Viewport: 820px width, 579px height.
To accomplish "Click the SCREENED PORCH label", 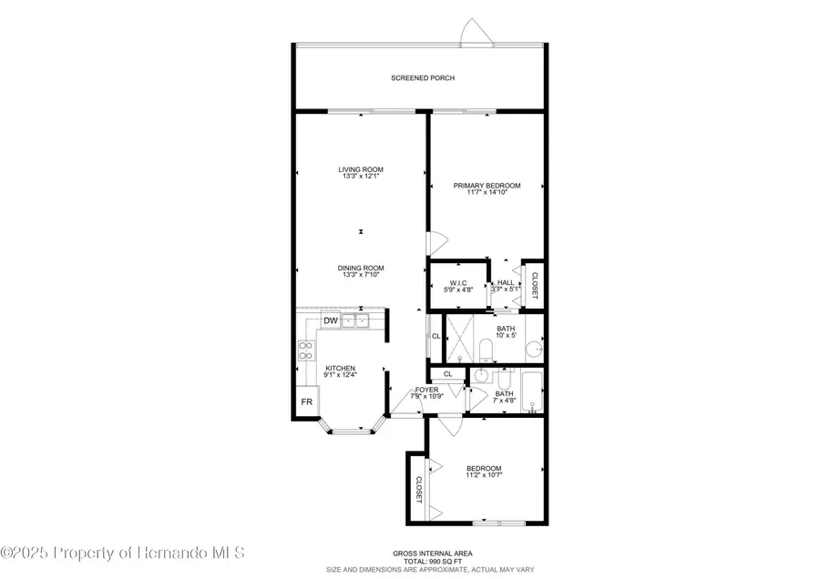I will pos(423,78).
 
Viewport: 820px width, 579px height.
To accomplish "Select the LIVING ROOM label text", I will pos(361,169).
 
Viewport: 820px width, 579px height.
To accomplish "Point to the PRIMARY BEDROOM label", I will pos(487,186).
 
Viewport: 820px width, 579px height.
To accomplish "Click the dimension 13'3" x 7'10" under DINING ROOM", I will pos(361,276).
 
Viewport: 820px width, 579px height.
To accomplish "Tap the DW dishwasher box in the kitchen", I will pos(331,321).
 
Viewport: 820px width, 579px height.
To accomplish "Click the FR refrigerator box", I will pos(307,401).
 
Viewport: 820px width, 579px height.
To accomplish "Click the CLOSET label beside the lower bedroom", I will pos(418,492).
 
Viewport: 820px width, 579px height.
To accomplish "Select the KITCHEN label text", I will pos(340,368).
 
